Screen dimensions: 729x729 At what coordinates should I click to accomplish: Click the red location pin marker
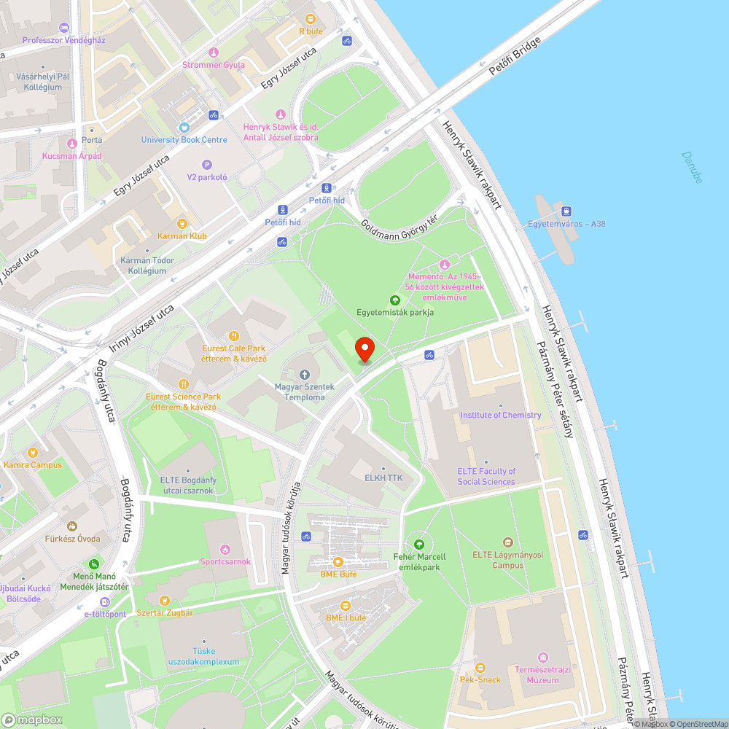pyautogui.click(x=364, y=349)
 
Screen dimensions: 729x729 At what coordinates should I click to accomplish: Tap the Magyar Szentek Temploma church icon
pyautogui.click(x=305, y=374)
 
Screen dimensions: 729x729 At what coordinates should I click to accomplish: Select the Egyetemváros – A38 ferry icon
pyautogui.click(x=566, y=211)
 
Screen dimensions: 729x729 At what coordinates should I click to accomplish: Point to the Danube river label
pyautogui.click(x=692, y=167)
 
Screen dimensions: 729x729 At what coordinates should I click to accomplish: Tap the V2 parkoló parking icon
pyautogui.click(x=207, y=165)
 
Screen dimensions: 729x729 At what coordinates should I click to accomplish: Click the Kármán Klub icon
pyautogui.click(x=182, y=224)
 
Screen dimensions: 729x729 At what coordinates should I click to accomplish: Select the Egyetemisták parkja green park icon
pyautogui.click(x=395, y=300)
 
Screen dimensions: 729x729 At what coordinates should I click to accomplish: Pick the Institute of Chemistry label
pyautogui.click(x=500, y=415)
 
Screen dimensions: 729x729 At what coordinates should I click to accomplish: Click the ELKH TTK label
pyautogui.click(x=383, y=478)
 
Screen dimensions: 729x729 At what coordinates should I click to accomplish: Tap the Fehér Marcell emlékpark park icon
pyautogui.click(x=419, y=544)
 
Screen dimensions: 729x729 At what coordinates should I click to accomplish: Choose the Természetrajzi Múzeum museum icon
pyautogui.click(x=542, y=658)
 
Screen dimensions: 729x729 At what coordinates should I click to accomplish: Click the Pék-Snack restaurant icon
pyautogui.click(x=480, y=667)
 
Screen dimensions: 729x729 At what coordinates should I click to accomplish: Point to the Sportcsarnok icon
pyautogui.click(x=225, y=549)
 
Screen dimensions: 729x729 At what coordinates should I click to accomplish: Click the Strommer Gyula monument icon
pyautogui.click(x=213, y=52)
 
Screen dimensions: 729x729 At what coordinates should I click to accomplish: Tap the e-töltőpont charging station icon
pyautogui.click(x=104, y=602)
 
